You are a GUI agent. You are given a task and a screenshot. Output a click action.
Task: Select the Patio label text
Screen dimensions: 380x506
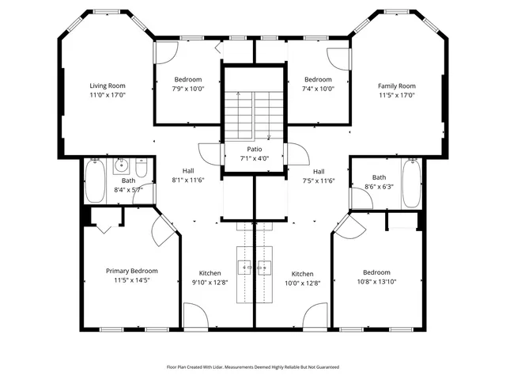[x=254, y=149]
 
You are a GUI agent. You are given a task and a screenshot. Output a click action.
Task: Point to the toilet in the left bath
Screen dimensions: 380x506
[x=141, y=169]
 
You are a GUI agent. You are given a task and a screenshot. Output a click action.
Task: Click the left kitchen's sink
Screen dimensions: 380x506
[x=244, y=268]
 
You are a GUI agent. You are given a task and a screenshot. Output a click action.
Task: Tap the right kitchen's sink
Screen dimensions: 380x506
[x=265, y=268]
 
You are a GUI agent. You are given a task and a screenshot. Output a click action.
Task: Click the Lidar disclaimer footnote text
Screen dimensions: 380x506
[x=252, y=367]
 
